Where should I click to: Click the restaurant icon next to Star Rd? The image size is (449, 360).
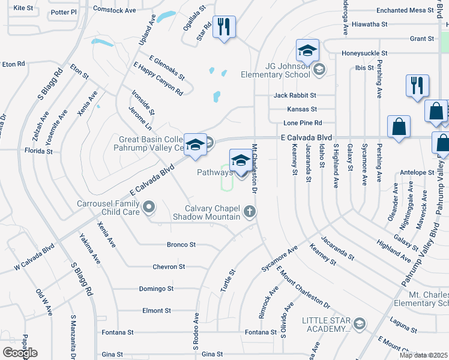[223, 27]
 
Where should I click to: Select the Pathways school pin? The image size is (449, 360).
[241, 161]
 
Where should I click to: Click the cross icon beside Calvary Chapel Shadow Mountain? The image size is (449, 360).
[250, 211]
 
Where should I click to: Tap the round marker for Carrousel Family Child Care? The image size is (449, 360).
[149, 208]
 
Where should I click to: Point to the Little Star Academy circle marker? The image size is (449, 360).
[360, 325]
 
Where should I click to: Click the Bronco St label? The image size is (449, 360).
[181, 245]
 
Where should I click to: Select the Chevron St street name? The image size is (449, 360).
[169, 266]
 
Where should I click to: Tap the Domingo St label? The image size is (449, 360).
[156, 289]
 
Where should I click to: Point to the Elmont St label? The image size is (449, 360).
[157, 311]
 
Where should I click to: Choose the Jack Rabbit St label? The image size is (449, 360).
[294, 95]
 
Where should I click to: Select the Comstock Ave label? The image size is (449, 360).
[116, 10]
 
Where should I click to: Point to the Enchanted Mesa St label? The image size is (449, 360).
[405, 10]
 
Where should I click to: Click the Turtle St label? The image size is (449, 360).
[228, 280]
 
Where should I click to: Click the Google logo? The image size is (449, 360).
[20, 353]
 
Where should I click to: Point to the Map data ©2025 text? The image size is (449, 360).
[423, 355]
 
